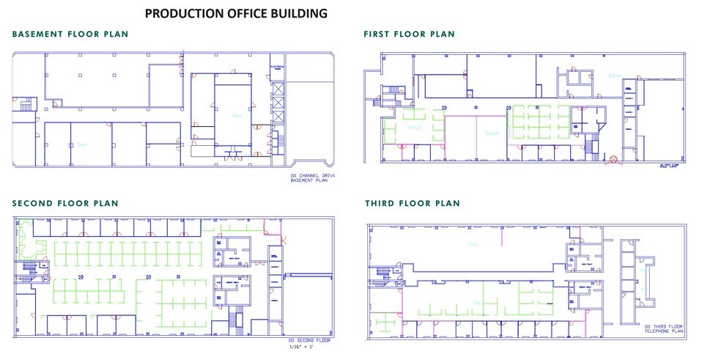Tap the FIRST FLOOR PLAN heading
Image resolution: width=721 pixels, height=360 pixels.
(x=409, y=34)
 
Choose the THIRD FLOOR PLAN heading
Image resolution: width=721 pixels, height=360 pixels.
(x=412, y=203)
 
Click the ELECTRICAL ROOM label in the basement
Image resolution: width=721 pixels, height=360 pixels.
(x=277, y=68)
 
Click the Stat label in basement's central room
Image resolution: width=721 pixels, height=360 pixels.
(x=237, y=116)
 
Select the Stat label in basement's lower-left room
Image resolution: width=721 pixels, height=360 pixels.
(x=82, y=144)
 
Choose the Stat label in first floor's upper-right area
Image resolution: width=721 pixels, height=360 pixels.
(x=615, y=75)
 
